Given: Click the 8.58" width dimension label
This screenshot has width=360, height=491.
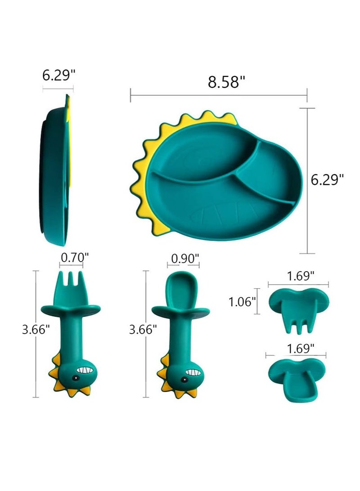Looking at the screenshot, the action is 226,82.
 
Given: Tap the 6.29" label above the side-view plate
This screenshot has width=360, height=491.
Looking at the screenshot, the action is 59,76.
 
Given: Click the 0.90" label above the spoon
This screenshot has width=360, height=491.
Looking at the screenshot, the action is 185,259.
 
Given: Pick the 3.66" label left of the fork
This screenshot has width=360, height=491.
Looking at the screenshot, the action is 36,330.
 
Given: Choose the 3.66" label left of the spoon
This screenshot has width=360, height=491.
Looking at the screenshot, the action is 143,330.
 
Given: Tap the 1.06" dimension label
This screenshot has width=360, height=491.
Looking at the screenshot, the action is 242,302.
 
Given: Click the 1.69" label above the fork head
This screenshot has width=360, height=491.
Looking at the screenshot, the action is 301,276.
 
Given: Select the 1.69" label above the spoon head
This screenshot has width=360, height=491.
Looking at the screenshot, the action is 301,348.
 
